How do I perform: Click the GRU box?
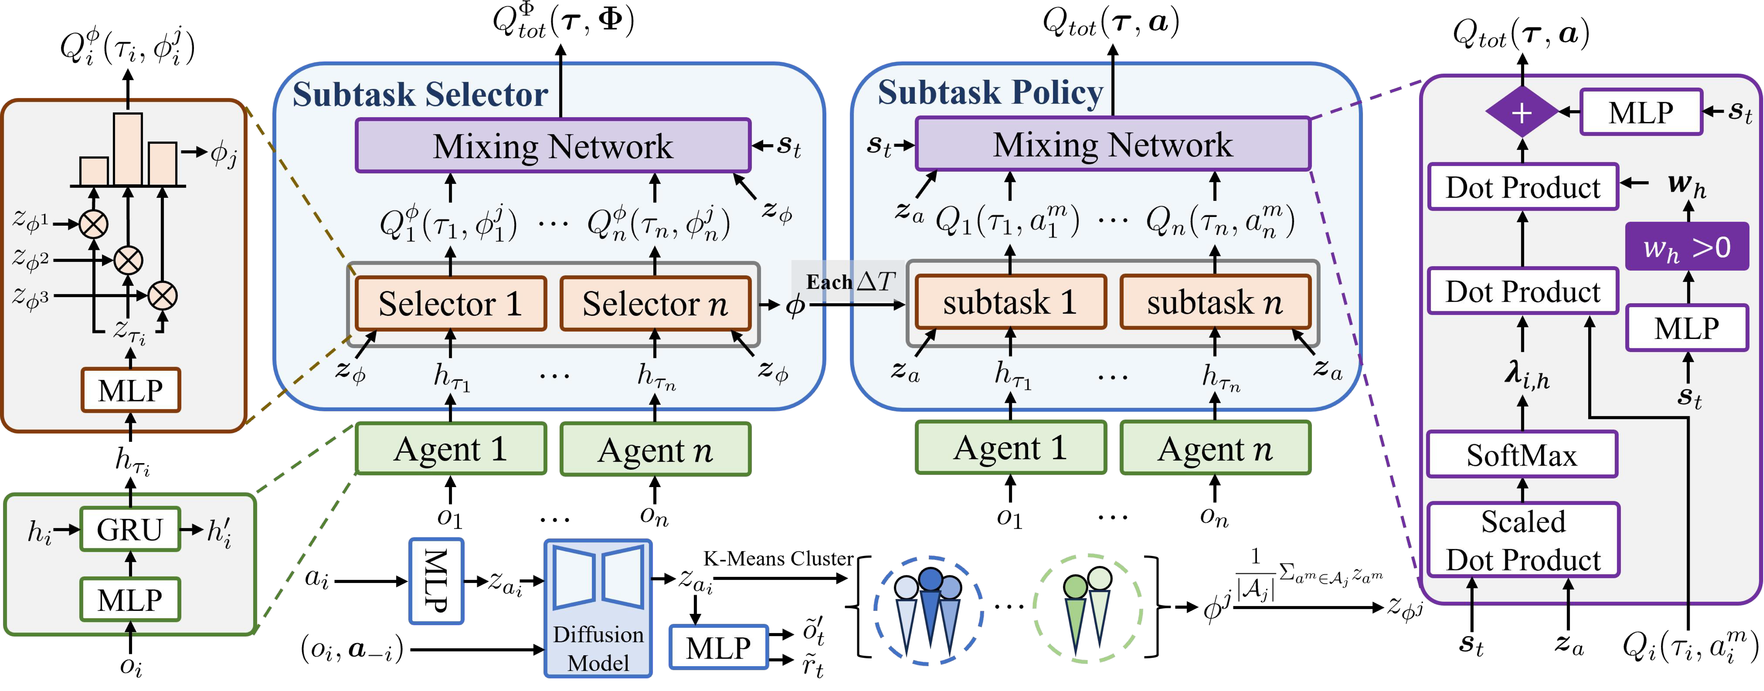click(130, 529)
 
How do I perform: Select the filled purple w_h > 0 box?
click(1687, 247)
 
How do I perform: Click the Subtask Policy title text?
click(990, 92)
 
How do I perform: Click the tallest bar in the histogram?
click(128, 149)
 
